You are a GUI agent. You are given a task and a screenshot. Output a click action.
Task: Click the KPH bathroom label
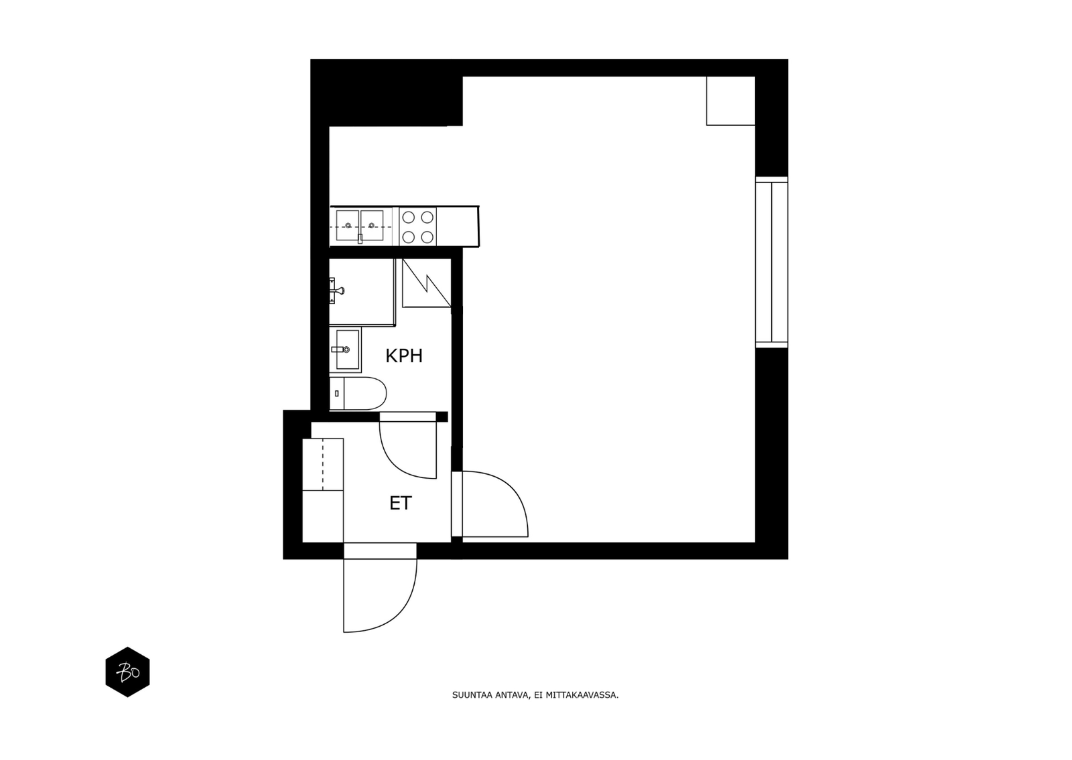tap(404, 356)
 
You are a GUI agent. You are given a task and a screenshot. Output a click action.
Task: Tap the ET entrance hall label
tap(401, 503)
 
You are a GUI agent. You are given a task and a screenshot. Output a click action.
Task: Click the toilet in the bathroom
tap(358, 394)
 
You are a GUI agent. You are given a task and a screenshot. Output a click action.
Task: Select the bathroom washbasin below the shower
tap(345, 350)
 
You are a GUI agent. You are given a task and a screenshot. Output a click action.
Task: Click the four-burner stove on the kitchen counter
tap(417, 226)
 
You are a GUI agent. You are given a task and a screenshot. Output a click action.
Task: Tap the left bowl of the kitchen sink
tap(348, 225)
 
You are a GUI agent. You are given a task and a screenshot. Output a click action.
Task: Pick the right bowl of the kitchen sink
tap(372, 225)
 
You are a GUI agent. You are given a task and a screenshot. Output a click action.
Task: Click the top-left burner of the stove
tap(408, 217)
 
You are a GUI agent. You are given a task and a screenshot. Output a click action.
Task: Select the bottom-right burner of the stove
tap(427, 236)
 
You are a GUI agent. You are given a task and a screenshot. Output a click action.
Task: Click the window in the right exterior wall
tap(771, 262)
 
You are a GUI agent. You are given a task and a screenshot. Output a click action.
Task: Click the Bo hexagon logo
tap(127, 672)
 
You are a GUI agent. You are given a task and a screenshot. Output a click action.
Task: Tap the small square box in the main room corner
tap(731, 101)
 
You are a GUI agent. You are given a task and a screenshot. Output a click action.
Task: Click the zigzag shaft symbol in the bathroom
tap(426, 283)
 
